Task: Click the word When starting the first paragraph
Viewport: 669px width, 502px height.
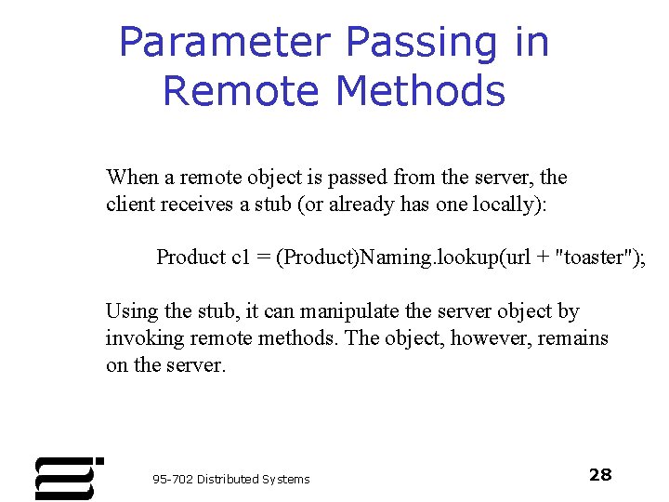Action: point(132,177)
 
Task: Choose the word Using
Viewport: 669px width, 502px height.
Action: point(131,311)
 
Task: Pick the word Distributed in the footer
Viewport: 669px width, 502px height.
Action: point(230,479)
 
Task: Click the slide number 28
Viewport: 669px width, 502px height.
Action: point(600,475)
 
